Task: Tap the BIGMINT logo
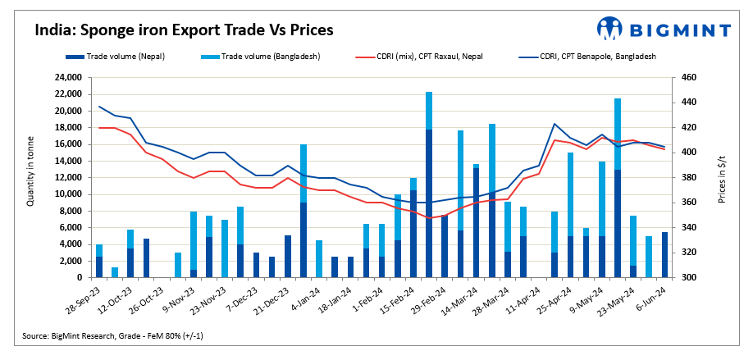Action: (664, 30)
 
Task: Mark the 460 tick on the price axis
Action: (688, 77)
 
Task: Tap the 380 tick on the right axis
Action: (688, 177)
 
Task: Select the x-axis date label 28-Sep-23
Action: (85, 300)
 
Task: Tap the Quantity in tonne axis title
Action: (30, 176)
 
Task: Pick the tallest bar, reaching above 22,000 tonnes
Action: (429, 185)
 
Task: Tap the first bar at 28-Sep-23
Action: (99, 261)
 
